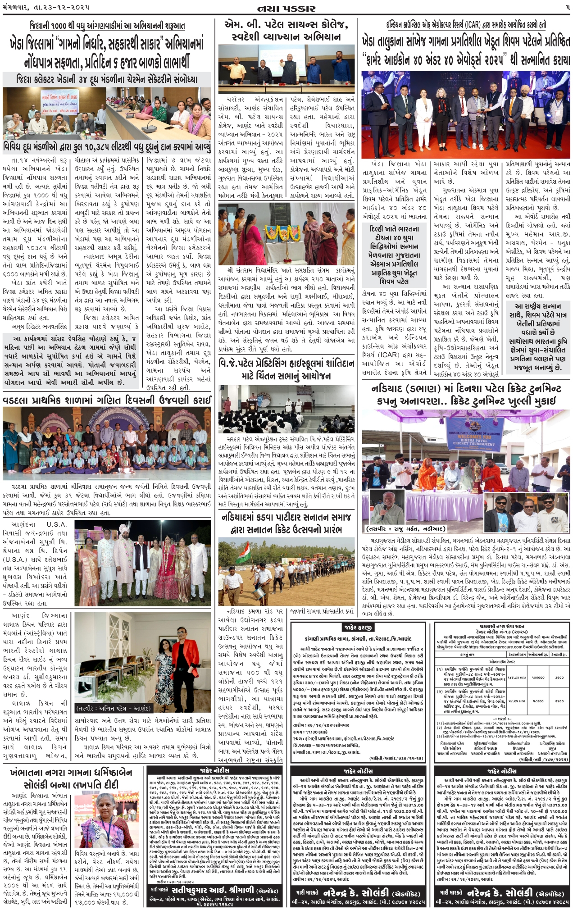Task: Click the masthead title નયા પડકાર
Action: click(286, 8)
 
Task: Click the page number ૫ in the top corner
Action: click(567, 8)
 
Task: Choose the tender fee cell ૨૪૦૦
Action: click(559, 701)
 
